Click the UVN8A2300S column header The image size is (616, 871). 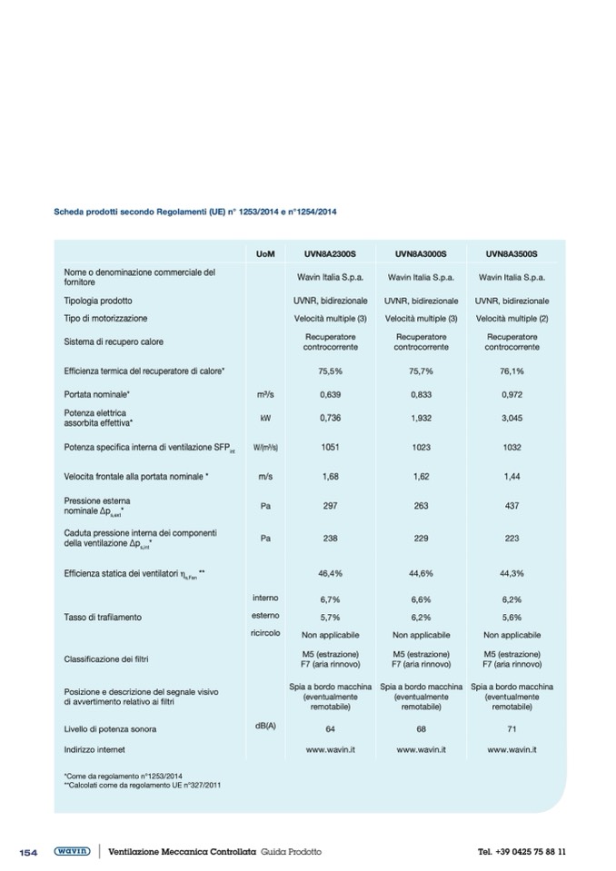point(330,254)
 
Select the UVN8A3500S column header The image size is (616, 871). point(512,254)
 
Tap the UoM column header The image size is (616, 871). point(265,254)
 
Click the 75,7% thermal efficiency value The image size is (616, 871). point(421,371)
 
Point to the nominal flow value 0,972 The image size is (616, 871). point(512,395)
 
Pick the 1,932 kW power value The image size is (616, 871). point(421,418)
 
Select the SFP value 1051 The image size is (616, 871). point(330,447)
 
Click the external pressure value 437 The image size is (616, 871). point(512,506)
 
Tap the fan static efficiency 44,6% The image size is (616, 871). point(421,574)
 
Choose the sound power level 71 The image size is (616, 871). point(512,728)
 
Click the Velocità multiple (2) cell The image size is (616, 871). point(512,319)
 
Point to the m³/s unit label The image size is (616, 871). point(265,395)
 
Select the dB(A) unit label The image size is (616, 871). point(265,726)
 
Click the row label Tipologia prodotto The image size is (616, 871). point(98,301)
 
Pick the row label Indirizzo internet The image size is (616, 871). point(94,750)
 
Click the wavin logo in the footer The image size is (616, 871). point(72,852)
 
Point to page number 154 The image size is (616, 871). point(28,852)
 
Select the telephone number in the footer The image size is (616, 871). point(522,852)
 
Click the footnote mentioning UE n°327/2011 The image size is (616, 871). point(143,784)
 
